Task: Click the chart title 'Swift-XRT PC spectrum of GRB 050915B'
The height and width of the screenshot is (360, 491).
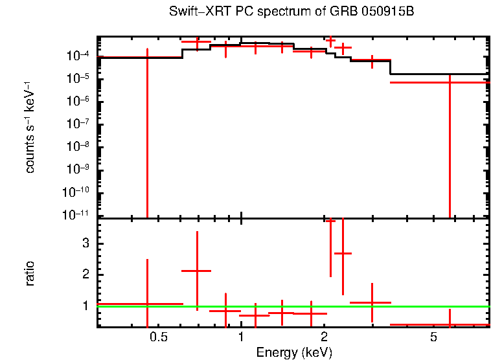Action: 291,12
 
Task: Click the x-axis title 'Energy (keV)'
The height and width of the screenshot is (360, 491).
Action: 293,352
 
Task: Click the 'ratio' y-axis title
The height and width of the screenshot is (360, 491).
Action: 30,274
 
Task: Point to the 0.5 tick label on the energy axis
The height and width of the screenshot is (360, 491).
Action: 158,337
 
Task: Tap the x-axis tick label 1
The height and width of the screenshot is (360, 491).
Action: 241,337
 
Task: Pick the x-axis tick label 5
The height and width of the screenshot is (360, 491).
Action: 433,337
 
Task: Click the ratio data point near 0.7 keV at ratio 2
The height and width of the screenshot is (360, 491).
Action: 197,271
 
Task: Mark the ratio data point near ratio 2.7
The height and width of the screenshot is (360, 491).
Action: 343,253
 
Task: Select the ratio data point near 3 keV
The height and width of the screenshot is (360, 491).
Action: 371,302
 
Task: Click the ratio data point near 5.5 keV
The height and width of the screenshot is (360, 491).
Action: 450,324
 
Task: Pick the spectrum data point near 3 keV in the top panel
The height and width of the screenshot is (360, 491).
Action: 371,60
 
